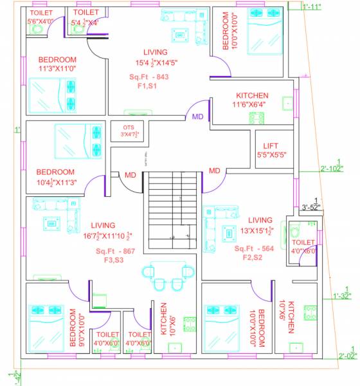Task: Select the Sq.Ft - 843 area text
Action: [x=150, y=76]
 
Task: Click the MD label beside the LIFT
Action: [x=214, y=170]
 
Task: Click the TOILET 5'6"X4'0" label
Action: [x=42, y=17]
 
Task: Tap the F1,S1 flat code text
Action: [x=150, y=86]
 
